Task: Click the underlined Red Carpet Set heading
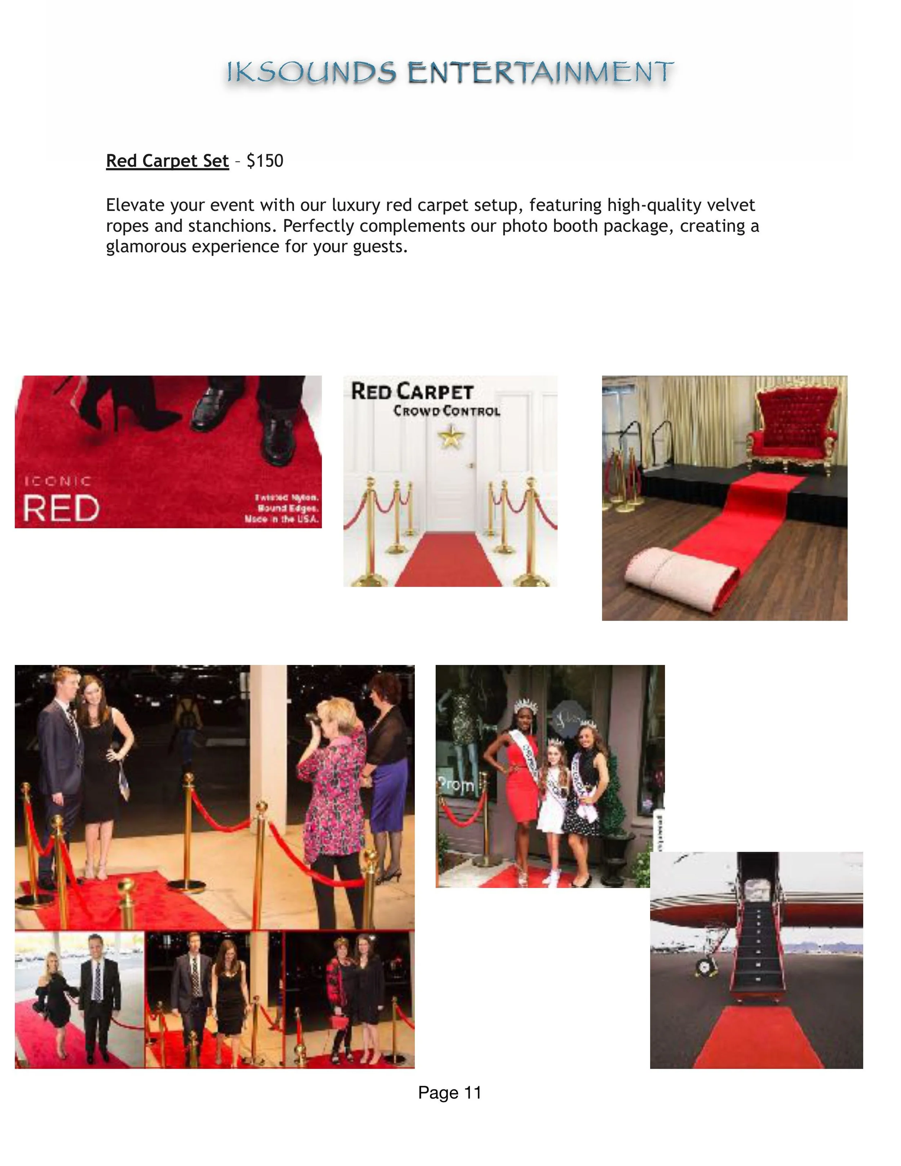(167, 161)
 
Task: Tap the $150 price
(265, 161)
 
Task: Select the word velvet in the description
(731, 205)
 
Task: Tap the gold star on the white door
(451, 436)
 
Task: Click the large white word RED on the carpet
(61, 508)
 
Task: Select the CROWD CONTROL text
(447, 411)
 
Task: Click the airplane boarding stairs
(756, 940)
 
